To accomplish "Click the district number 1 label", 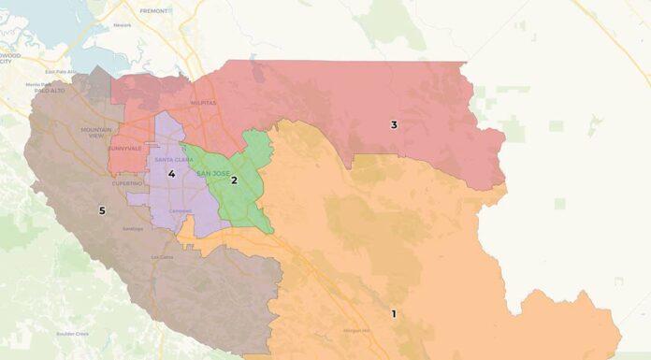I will pyautogui.click(x=394, y=313).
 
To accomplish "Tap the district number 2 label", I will pyautogui.click(x=234, y=180).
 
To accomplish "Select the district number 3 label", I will pyautogui.click(x=394, y=124).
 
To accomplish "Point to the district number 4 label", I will pyautogui.click(x=171, y=173).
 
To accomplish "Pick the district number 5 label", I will pyautogui.click(x=102, y=210).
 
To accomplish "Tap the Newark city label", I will pyautogui.click(x=122, y=25).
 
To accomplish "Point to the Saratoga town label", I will pyautogui.click(x=132, y=228).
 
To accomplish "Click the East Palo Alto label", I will pyautogui.click(x=58, y=71).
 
